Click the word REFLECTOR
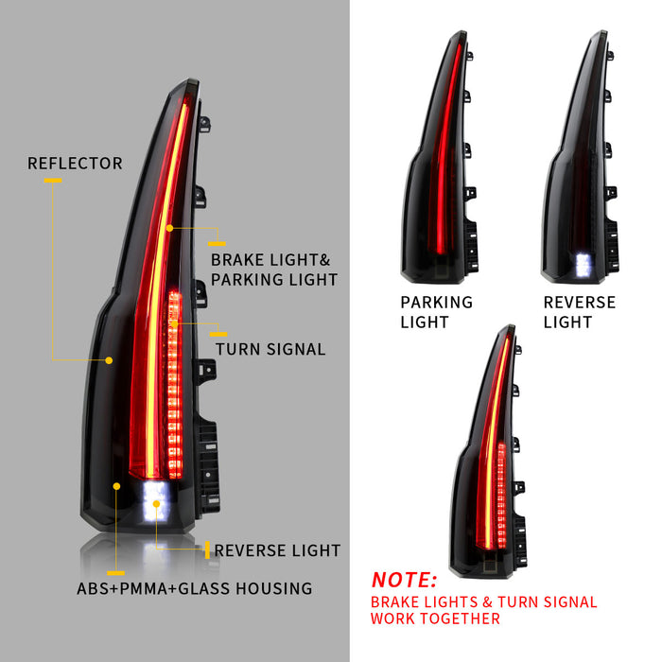(x=75, y=164)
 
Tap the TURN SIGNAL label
(x=270, y=349)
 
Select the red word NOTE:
(x=404, y=580)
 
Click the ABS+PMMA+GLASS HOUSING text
(x=194, y=588)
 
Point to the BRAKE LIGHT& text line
(x=270, y=260)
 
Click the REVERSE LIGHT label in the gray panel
(x=277, y=550)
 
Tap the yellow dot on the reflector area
(x=109, y=360)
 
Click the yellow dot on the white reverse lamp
(x=156, y=504)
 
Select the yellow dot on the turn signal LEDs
(x=174, y=324)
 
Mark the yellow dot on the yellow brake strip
(x=169, y=228)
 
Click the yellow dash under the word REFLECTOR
(x=53, y=181)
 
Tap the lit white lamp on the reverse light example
(x=584, y=265)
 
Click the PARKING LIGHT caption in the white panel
(x=437, y=312)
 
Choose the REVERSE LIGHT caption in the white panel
(x=579, y=312)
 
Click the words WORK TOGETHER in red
(x=435, y=618)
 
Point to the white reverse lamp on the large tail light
(x=155, y=501)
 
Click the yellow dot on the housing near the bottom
(x=116, y=486)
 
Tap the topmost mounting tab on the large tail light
(x=204, y=124)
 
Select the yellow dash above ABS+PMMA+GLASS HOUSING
(x=115, y=573)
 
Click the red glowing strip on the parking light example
(x=444, y=148)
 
